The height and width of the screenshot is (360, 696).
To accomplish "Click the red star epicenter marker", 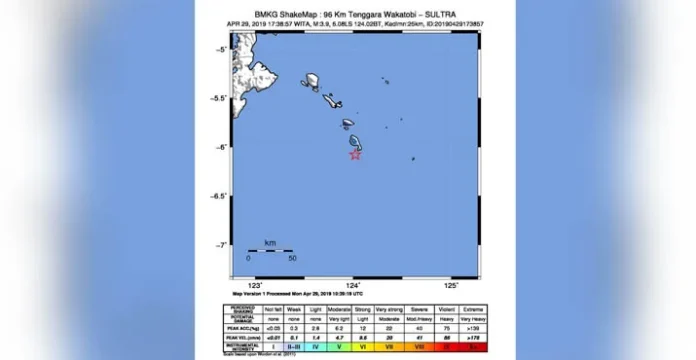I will click(x=354, y=154).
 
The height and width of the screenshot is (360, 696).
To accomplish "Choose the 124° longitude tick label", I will click(x=351, y=285).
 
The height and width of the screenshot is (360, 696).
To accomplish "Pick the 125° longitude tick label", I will click(x=447, y=285).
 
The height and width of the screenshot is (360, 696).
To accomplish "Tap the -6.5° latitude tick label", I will click(x=218, y=196).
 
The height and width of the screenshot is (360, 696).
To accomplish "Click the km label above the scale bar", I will click(x=270, y=243).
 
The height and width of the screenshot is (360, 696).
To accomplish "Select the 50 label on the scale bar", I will click(x=293, y=258).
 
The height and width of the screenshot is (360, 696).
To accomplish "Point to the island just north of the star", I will click(x=355, y=142).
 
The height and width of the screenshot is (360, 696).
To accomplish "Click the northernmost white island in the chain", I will click(x=312, y=80).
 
